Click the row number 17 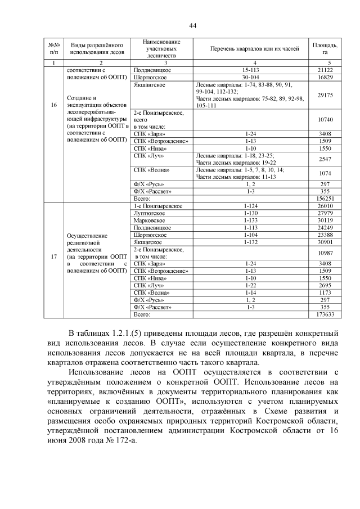[53, 256]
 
